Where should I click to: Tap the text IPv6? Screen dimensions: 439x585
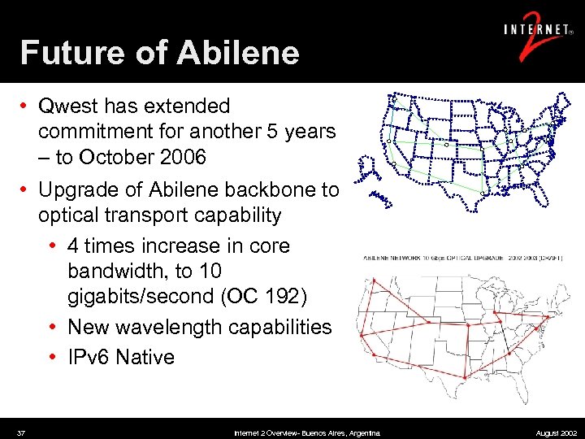88,356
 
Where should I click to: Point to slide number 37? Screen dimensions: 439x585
21,432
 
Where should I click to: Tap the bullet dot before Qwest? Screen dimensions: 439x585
27,106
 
